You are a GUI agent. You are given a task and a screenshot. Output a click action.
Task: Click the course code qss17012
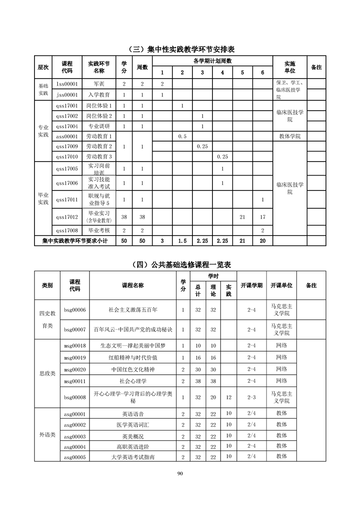point(67,216)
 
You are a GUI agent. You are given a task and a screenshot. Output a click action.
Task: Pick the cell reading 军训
point(99,84)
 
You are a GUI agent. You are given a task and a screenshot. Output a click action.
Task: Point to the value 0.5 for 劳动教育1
point(182,136)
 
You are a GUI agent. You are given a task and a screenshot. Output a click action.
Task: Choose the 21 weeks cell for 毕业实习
point(242,217)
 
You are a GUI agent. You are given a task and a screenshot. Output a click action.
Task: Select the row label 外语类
point(47,435)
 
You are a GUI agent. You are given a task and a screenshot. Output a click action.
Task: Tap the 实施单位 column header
point(290,67)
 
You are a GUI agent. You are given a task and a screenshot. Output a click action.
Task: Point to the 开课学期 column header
point(252,285)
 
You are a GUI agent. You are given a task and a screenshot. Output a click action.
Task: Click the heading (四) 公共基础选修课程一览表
point(180,265)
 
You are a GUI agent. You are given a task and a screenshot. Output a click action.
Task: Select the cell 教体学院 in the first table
point(290,136)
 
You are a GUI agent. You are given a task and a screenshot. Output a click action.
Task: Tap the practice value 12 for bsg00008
point(229,397)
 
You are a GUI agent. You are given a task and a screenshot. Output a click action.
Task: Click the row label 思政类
point(47,373)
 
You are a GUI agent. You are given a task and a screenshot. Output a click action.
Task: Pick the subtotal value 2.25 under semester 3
point(202,241)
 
